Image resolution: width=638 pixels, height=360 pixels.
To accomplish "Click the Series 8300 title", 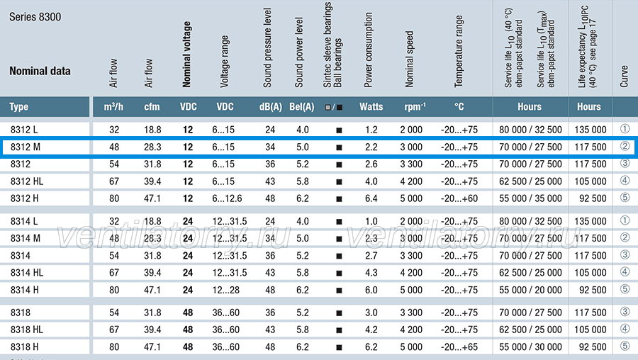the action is tap(35, 17).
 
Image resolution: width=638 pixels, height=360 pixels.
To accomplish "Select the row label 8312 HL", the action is tap(27, 181).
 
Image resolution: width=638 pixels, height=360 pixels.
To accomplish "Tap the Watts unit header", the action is tap(371, 107).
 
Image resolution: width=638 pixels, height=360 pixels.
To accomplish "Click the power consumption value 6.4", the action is tap(371, 198).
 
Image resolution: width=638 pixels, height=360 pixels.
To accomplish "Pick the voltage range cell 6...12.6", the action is tap(227, 198).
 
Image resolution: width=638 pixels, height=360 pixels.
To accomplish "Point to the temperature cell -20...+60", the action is tap(459, 198).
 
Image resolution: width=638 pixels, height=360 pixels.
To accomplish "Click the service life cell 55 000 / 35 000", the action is tap(530, 198).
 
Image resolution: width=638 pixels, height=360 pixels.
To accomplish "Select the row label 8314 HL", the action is tap(27, 273).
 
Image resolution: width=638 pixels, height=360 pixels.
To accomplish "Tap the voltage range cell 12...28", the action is tap(226, 290).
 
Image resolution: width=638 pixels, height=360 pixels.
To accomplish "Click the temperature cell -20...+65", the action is tap(459, 347).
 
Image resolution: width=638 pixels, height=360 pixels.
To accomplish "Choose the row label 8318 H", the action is tap(24, 347).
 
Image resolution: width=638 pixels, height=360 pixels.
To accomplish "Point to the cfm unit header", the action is tap(152, 107).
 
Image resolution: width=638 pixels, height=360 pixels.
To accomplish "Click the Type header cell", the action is tap(18, 107).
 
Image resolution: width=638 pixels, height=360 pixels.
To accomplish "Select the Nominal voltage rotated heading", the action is tap(186, 55).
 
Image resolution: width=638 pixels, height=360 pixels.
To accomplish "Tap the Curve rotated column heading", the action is tap(624, 77).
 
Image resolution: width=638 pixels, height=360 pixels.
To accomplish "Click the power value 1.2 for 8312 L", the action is tap(371, 130).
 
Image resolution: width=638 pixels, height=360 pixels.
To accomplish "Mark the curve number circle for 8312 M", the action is tap(625, 147).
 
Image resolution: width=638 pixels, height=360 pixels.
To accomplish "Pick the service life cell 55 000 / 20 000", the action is tap(530, 290).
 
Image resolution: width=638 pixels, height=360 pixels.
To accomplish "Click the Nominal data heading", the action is tap(40, 71).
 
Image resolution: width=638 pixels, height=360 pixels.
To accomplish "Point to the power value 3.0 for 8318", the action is tap(371, 313).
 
